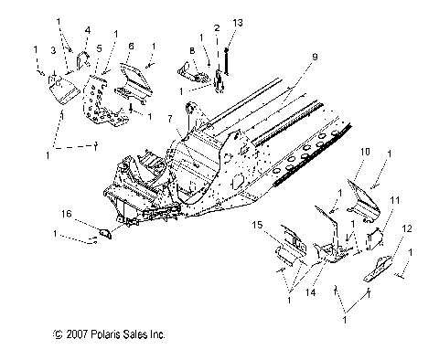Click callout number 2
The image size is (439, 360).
tap(217, 29)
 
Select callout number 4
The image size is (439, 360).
tap(86, 29)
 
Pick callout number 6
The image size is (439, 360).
tap(131, 45)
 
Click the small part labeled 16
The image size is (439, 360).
tap(102, 234)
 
